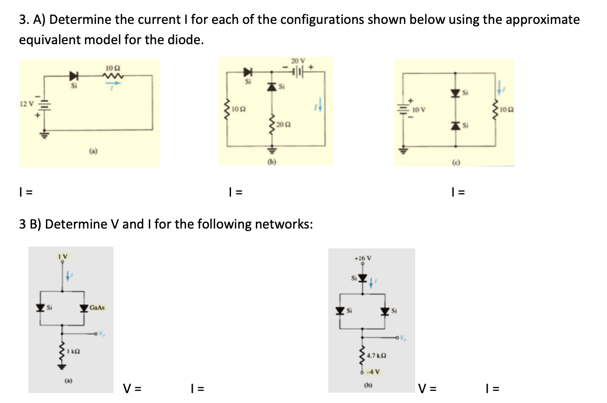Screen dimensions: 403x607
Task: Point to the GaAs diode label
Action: (97, 308)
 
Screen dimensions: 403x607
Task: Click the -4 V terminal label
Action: (375, 372)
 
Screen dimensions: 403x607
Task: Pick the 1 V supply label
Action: (63, 256)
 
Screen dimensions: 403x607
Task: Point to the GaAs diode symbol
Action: (84, 308)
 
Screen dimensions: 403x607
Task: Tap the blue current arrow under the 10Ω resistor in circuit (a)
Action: (114, 83)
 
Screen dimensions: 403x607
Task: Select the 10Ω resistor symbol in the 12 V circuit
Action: (111, 75)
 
